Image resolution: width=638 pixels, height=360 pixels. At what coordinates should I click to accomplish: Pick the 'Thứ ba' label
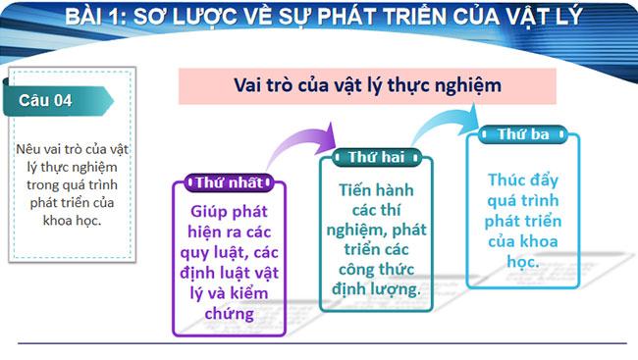(523, 134)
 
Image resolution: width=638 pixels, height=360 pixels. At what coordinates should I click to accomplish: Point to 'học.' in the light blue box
(522, 263)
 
